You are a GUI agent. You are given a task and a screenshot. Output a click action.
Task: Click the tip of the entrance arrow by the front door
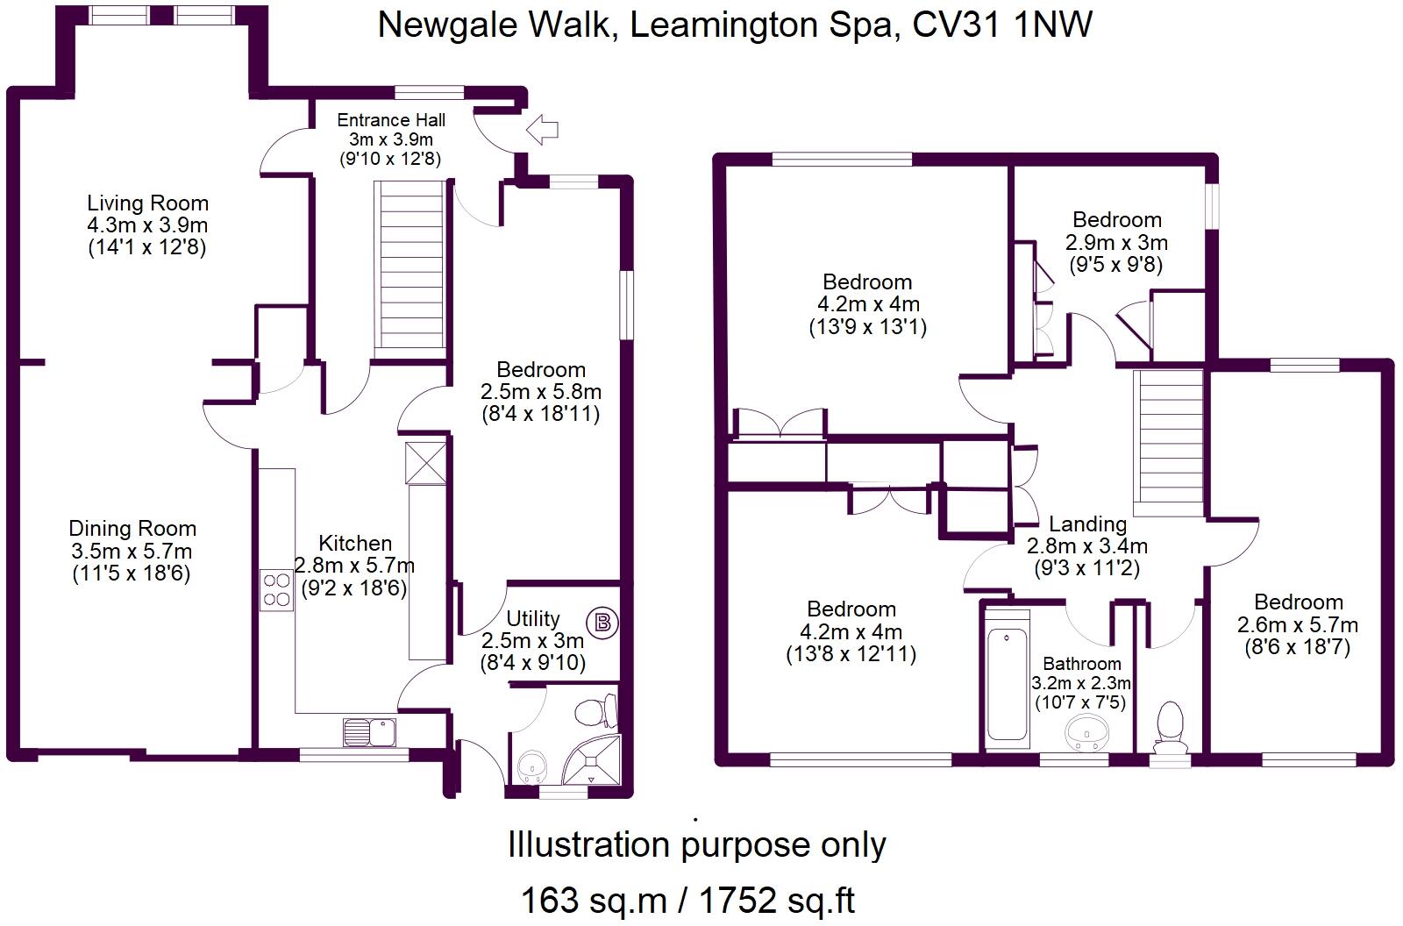click(527, 131)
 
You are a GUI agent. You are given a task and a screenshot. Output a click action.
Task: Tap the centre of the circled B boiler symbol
click(602, 623)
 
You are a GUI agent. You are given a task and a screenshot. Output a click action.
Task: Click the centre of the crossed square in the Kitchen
click(426, 463)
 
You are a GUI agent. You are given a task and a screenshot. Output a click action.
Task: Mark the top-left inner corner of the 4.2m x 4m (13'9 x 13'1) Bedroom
click(727, 167)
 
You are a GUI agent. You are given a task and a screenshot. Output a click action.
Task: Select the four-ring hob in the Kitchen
click(277, 589)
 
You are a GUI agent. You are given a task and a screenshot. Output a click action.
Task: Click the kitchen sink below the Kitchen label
click(369, 732)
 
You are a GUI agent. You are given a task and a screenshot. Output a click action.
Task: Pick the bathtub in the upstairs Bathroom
click(1008, 680)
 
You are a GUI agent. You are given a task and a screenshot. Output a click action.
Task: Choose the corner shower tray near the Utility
click(591, 759)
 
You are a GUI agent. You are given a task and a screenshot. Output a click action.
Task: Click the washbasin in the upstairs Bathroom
click(1086, 732)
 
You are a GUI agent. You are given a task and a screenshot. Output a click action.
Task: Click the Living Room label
click(148, 203)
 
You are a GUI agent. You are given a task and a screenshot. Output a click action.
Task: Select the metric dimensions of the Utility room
click(532, 641)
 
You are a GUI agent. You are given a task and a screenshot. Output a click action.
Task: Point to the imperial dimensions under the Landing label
click(1086, 568)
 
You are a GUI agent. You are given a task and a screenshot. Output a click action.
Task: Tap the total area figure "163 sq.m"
click(594, 901)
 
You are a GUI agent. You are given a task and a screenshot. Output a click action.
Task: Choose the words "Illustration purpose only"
click(696, 844)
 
